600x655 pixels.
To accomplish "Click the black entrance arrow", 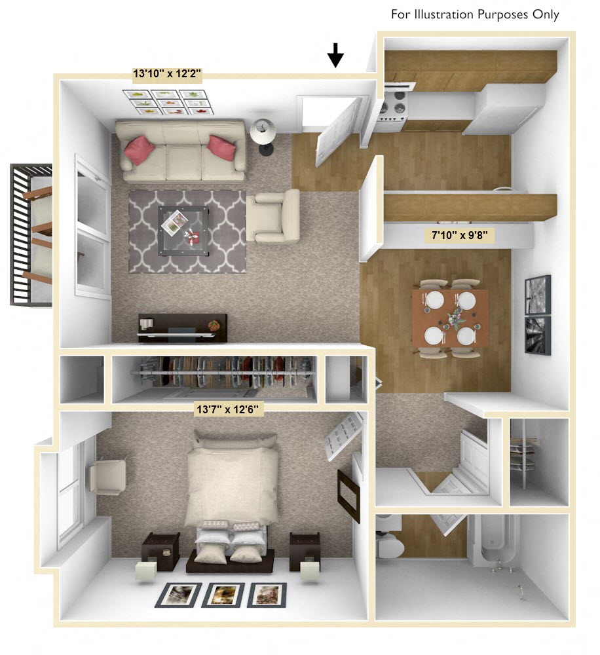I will tap(335, 56).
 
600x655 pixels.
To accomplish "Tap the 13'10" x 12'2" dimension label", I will tap(166, 74).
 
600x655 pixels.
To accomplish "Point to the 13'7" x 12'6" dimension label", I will tap(229, 410).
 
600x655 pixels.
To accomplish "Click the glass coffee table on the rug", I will tap(183, 226).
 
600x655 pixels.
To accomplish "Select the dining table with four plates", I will tap(450, 318).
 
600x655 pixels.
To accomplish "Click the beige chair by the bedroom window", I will tap(106, 476).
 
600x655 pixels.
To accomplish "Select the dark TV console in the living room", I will tap(182, 327).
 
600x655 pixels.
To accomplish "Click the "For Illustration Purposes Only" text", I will tap(475, 14).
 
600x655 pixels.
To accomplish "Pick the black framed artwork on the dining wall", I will tap(538, 314).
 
